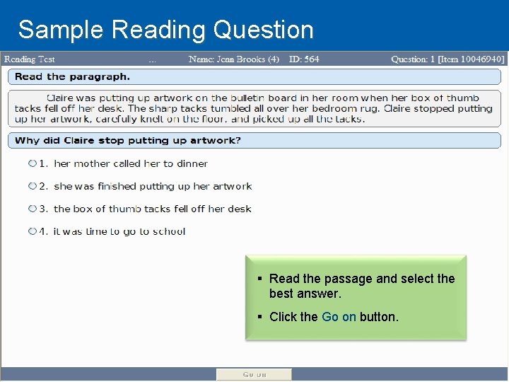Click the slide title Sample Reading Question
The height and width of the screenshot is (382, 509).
(165, 30)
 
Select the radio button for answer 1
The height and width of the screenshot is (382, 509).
(33, 163)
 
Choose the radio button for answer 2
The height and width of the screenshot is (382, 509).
(33, 186)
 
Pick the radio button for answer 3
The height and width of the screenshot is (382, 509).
(33, 209)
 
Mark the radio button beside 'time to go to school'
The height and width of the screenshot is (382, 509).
(33, 231)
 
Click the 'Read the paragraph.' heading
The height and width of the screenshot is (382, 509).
(72, 76)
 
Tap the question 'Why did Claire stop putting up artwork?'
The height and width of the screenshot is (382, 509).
(128, 140)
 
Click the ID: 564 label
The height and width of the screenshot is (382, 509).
(303, 59)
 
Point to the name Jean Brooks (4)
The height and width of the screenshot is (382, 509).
(233, 59)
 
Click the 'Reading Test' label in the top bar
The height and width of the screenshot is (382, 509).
(29, 59)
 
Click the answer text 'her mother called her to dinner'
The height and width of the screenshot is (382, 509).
(131, 163)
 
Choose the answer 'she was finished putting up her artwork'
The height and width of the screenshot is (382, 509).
(153, 186)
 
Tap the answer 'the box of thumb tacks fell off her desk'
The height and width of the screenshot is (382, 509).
(152, 209)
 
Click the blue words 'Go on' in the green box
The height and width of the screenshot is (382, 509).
(339, 317)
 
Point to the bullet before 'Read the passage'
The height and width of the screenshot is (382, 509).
(261, 279)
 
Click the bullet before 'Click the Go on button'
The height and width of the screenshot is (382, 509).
(261, 317)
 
